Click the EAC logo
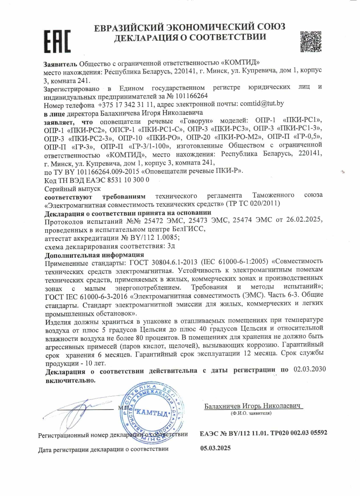[x=57, y=42]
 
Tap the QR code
[x=311, y=42]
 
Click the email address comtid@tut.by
[x=262, y=103]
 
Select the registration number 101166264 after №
[x=191, y=96]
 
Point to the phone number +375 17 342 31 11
[x=126, y=105]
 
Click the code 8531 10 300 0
[x=131, y=180]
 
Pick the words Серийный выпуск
[x=72, y=189]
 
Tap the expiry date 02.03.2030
[x=310, y=369]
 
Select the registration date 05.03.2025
[x=215, y=448]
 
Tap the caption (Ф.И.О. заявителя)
[x=251, y=413]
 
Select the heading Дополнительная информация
[x=94, y=254]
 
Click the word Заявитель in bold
[x=60, y=64]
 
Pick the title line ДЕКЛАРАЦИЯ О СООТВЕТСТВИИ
[x=190, y=37]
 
